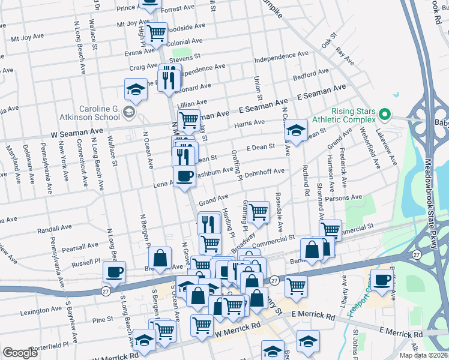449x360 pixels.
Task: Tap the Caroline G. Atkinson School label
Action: click(x=82, y=112)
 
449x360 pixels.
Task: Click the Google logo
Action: click(x=20, y=353)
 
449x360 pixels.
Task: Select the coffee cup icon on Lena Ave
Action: click(x=184, y=176)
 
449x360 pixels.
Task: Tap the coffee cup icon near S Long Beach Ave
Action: click(x=114, y=272)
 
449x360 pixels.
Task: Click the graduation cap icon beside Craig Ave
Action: click(x=136, y=89)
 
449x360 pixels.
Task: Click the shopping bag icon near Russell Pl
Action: click(x=160, y=257)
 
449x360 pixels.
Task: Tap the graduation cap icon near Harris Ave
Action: click(x=295, y=129)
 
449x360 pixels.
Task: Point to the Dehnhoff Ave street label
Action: click(x=265, y=172)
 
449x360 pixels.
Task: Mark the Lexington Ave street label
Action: click(x=41, y=311)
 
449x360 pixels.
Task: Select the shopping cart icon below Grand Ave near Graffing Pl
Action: click(x=258, y=211)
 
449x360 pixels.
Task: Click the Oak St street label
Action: click(x=329, y=43)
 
